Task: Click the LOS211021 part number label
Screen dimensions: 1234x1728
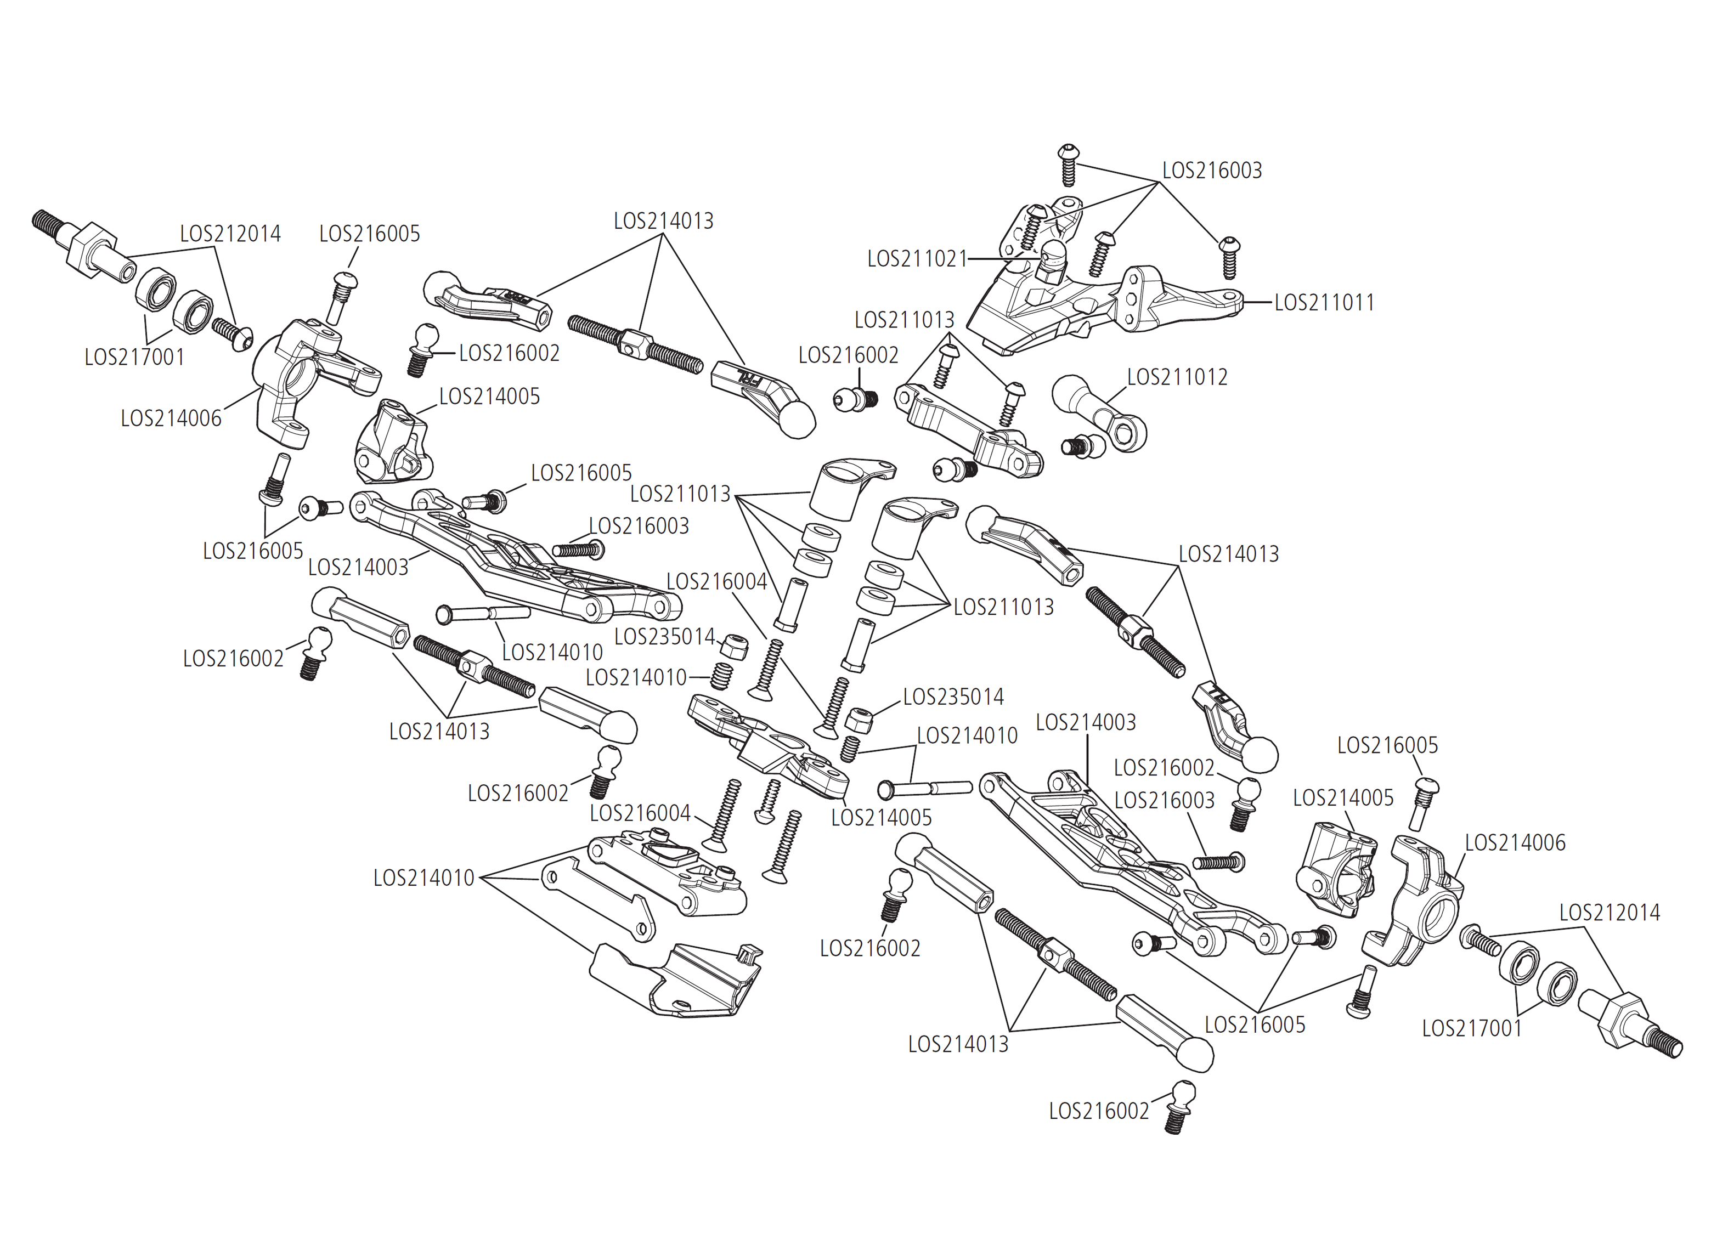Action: point(917,259)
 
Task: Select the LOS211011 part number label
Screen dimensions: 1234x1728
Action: point(1324,302)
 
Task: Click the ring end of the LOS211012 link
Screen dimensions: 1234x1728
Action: point(1128,431)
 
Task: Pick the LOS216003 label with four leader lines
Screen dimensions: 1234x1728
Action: point(1212,170)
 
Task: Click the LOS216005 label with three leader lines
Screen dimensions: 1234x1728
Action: point(1255,1024)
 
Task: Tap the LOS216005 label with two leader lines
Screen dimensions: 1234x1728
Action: point(253,551)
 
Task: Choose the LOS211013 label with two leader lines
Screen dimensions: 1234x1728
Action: point(904,320)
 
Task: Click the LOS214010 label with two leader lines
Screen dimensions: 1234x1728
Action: point(967,735)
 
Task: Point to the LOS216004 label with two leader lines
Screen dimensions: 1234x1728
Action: point(716,582)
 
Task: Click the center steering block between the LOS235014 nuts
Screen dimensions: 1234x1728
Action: point(767,749)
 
